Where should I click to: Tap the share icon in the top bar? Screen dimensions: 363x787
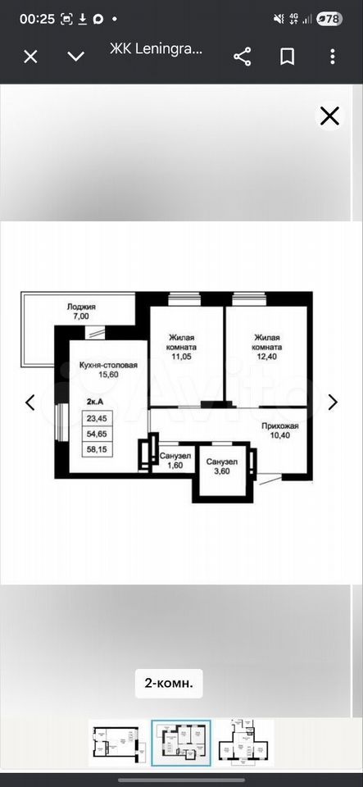tap(243, 57)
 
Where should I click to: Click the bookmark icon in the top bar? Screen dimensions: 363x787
tap(287, 57)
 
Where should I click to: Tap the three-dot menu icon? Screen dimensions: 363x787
tap(333, 57)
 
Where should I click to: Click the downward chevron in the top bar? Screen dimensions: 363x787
tap(75, 57)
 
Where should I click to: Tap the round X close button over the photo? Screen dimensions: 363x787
tap(329, 116)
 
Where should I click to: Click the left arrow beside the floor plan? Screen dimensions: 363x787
tap(30, 402)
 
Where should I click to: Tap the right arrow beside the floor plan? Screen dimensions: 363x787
tap(333, 402)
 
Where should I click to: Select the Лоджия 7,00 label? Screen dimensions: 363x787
tap(81, 312)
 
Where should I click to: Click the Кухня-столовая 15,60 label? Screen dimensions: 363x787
tap(108, 370)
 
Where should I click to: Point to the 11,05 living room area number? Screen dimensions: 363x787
tap(183, 357)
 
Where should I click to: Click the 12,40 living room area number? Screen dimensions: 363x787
tap(268, 357)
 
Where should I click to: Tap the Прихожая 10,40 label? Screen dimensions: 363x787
tap(279, 430)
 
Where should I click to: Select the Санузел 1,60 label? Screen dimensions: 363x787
tap(172, 460)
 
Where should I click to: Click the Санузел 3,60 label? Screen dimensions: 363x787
tap(222, 466)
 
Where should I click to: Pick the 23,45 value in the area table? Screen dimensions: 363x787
tap(98, 418)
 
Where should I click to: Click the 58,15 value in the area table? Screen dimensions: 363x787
tap(98, 450)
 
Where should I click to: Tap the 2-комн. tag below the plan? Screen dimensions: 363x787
tap(169, 683)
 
